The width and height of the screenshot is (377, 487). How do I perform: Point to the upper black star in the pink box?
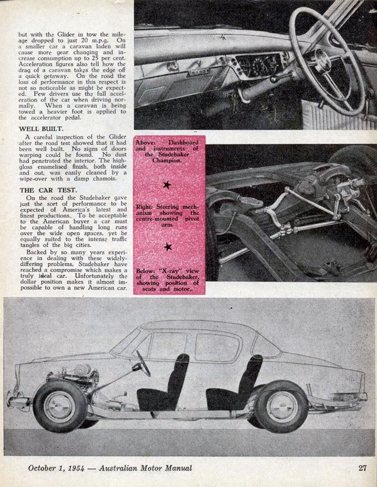pos(167,185)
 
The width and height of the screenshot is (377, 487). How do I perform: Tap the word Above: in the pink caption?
pos(148,143)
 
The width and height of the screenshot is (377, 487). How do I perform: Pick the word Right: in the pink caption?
pos(146,206)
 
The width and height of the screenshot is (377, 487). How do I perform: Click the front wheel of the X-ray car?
pos(60,406)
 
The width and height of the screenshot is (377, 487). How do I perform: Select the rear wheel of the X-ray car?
pos(282,406)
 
